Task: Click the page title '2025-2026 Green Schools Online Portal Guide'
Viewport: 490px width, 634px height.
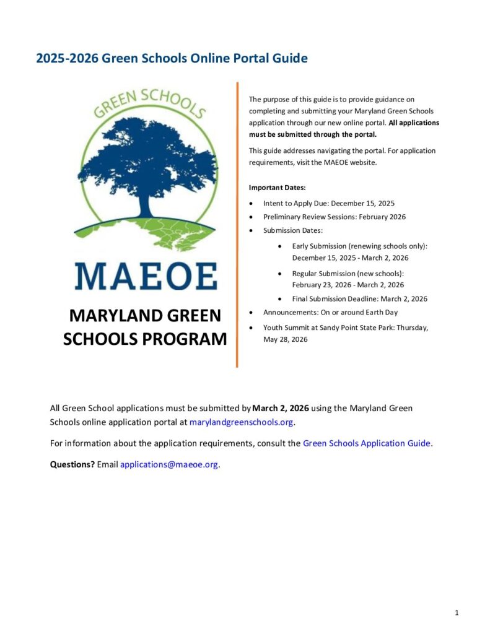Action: click(172, 59)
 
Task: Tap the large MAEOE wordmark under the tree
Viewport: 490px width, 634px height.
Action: click(146, 276)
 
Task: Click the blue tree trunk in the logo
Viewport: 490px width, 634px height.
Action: click(144, 207)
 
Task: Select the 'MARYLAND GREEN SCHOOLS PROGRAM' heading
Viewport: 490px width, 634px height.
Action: click(145, 328)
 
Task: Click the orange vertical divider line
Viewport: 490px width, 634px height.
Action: click(237, 223)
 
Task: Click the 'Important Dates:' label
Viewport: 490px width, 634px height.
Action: click(277, 187)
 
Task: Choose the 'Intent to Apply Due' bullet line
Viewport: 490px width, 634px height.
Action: click(328, 202)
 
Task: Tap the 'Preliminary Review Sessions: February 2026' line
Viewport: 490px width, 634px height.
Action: click(334, 217)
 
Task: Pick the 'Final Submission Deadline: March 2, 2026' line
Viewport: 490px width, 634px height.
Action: click(359, 298)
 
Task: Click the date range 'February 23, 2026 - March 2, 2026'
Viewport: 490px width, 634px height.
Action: click(348, 285)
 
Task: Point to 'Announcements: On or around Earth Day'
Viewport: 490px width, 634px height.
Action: click(330, 313)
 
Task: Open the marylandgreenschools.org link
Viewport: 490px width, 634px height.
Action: click(242, 422)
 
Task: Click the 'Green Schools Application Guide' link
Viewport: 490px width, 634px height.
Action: click(366, 443)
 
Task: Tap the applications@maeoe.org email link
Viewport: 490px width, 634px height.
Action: click(169, 464)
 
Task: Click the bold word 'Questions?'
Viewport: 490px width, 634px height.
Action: click(72, 464)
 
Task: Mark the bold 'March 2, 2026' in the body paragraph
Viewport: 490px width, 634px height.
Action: click(281, 408)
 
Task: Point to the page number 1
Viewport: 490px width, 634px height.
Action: click(457, 613)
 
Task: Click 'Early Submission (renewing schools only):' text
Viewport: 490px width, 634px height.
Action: click(359, 246)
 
